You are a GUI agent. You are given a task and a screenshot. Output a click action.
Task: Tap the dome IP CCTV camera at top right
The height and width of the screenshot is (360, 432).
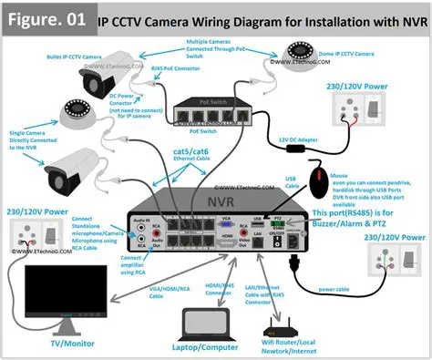(x=302, y=54)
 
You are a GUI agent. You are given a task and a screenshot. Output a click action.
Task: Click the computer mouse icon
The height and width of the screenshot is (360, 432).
(x=320, y=180)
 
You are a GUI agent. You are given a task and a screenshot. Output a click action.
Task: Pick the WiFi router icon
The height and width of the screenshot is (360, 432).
(x=283, y=326)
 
